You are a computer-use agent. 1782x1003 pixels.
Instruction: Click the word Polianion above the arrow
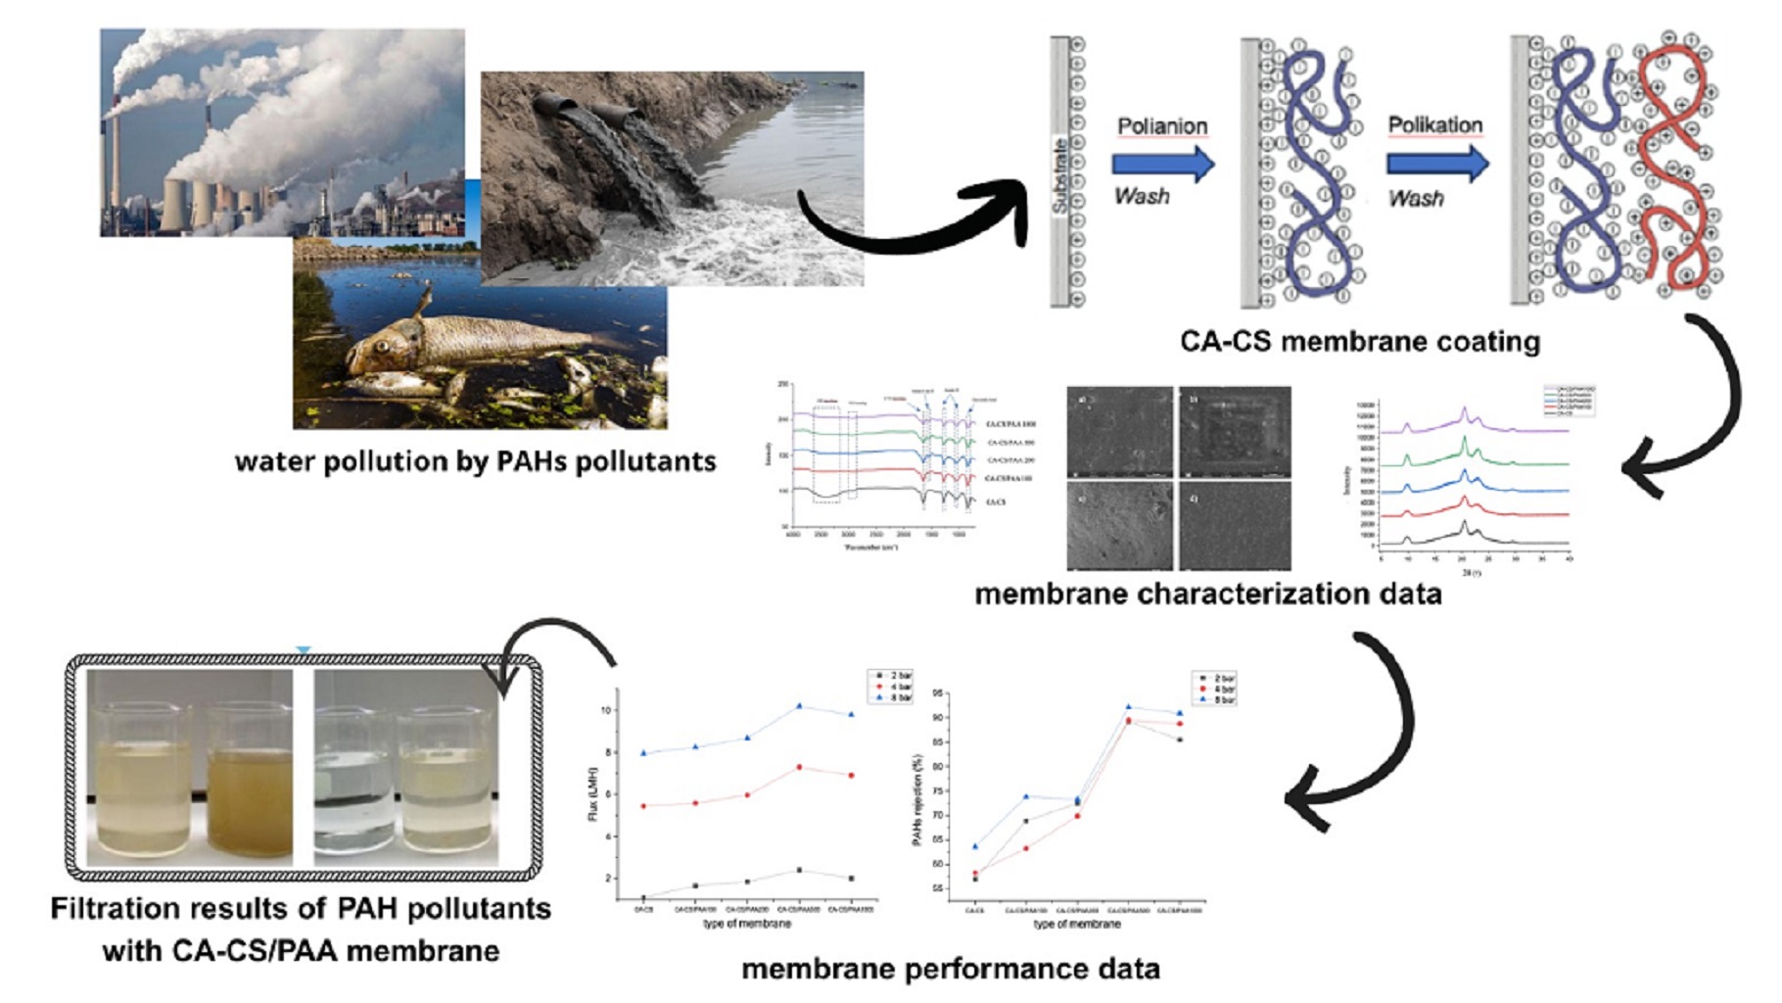[1162, 126]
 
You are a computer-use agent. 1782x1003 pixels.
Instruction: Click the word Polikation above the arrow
[1434, 125]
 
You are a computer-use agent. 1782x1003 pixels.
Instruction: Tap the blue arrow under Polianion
[1162, 165]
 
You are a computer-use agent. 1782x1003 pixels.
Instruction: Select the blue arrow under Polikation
[1436, 164]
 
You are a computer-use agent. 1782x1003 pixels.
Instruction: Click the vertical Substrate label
[1060, 176]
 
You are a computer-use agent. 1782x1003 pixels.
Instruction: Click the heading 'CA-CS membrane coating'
[1359, 342]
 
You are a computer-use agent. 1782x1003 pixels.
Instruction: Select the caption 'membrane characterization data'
[1207, 594]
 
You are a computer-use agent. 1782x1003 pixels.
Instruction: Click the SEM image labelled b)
[1235, 432]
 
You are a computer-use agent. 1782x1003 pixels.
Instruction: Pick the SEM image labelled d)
[1235, 525]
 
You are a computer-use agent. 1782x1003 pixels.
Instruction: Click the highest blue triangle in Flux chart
[799, 705]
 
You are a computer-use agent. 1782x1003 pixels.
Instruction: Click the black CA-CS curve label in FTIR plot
[995, 501]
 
